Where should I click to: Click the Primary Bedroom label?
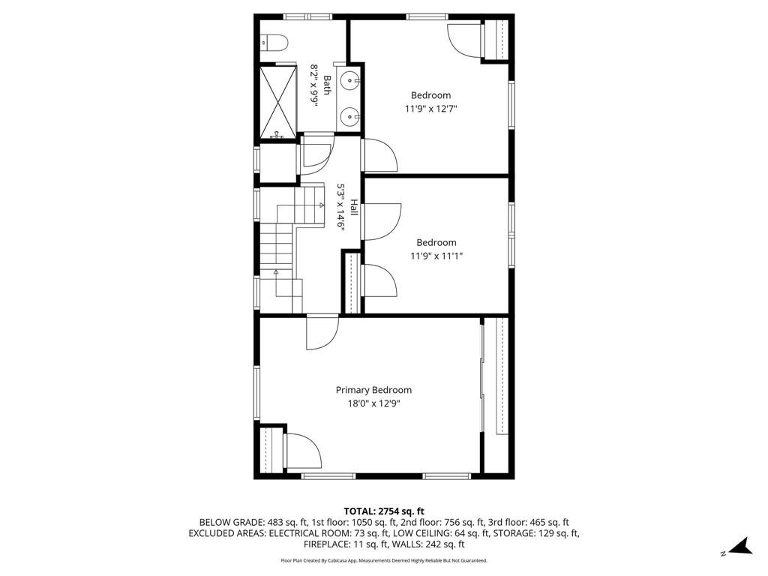(x=373, y=390)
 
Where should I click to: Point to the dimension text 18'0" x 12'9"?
(x=373, y=403)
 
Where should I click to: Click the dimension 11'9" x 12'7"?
(x=431, y=109)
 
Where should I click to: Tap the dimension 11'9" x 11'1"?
(x=436, y=256)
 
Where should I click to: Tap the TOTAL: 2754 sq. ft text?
(x=384, y=511)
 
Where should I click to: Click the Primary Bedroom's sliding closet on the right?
(x=495, y=375)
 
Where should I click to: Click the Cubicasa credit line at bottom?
(x=384, y=560)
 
